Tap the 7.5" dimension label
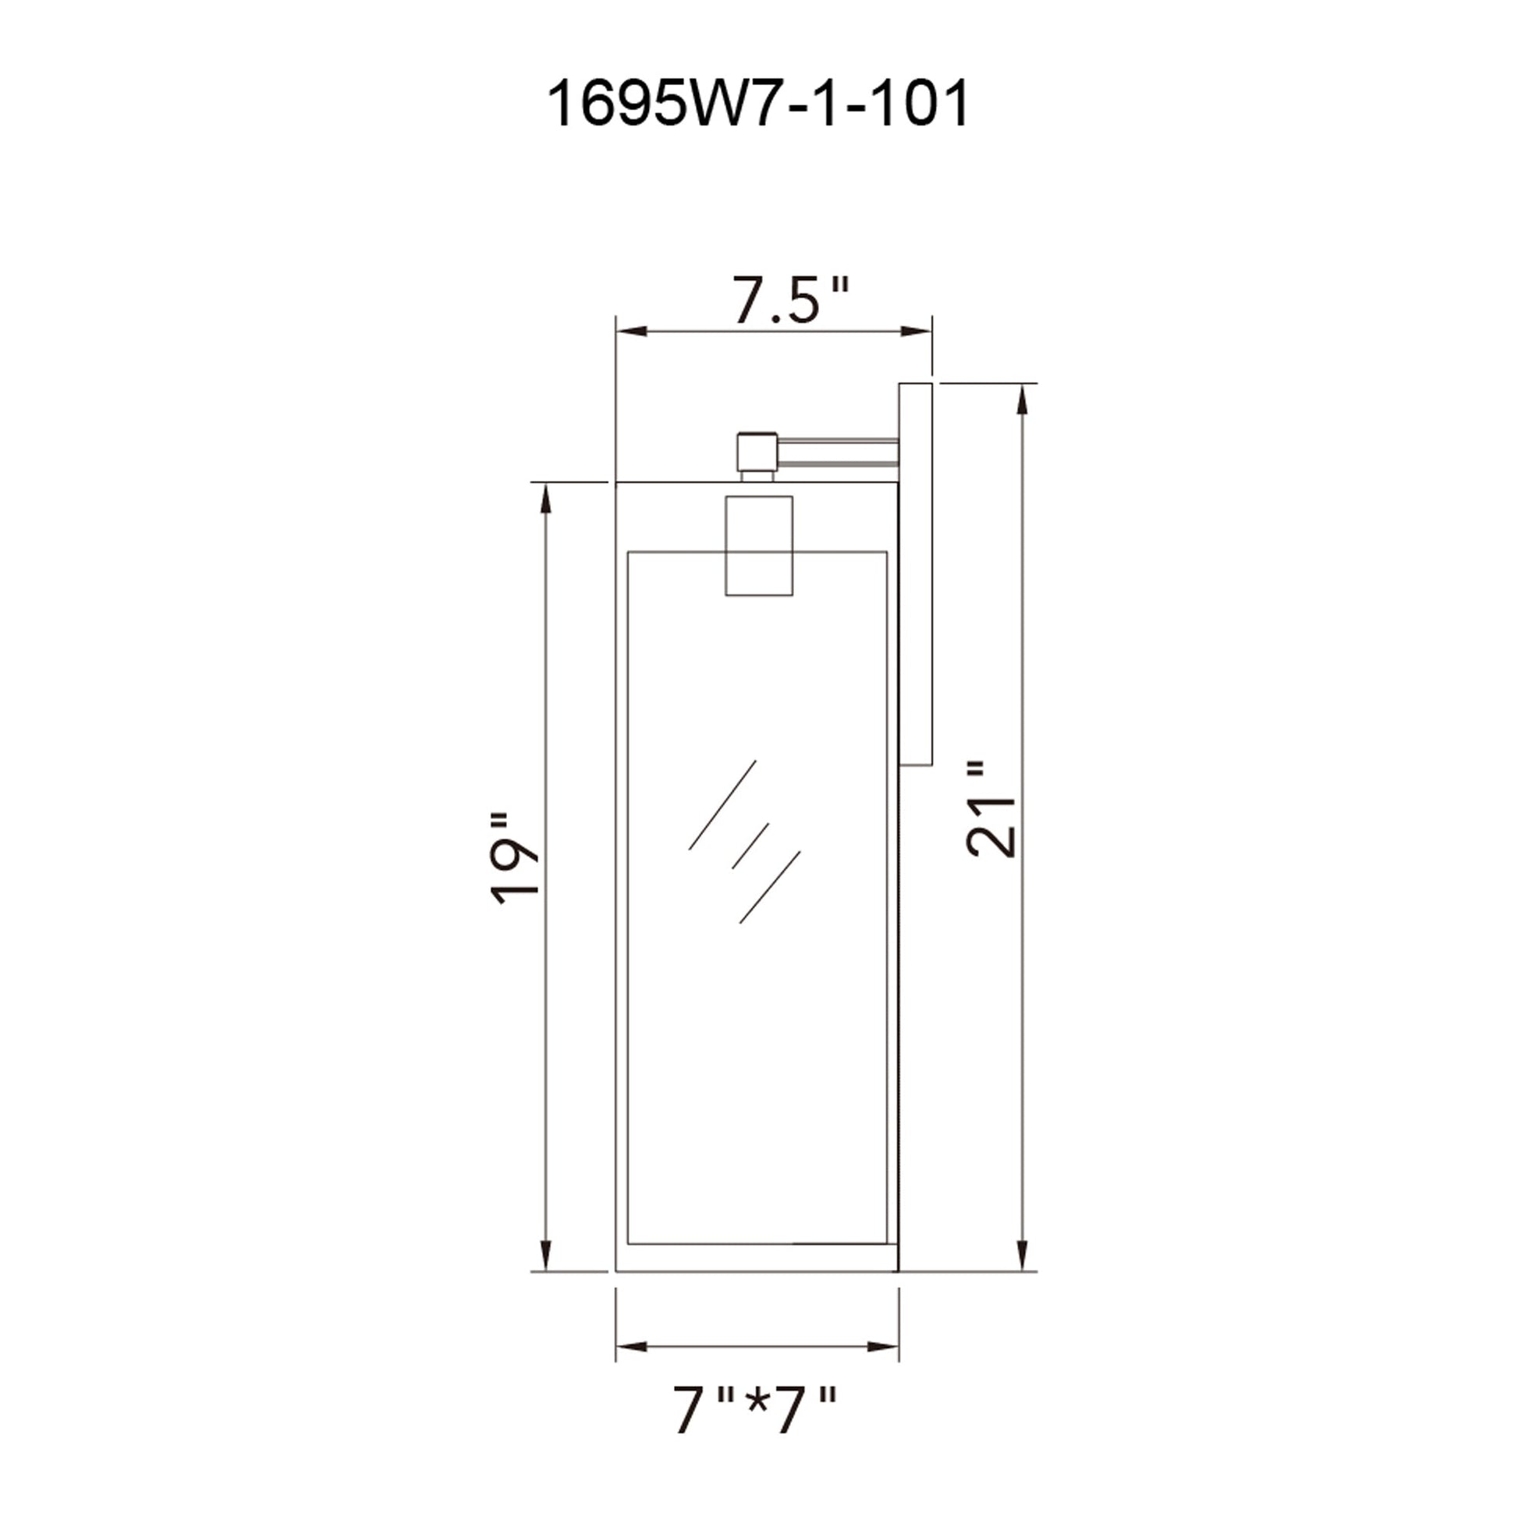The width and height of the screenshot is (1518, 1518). pos(790,300)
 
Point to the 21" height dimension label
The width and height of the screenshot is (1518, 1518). pos(991,808)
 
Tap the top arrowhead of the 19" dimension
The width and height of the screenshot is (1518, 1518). pos(545,498)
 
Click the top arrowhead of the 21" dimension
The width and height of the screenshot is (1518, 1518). pos(1022,399)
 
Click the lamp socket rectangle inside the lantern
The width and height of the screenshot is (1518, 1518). pos(758,545)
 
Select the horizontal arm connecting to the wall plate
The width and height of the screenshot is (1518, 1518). pos(838,452)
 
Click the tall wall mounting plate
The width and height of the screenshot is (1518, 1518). pos(915,573)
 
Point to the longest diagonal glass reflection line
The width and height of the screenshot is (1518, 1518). pos(722,805)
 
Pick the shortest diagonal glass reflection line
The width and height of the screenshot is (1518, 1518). pos(750,846)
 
